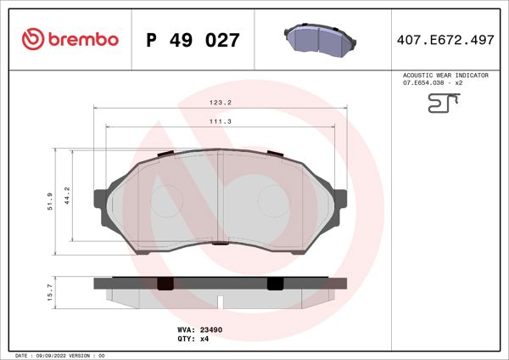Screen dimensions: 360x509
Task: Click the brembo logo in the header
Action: pyautogui.click(x=70, y=39)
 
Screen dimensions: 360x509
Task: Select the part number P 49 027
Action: pyautogui.click(x=193, y=40)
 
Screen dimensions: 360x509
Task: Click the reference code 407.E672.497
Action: pyautogui.click(x=446, y=40)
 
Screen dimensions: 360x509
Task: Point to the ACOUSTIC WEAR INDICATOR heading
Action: pyautogui.click(x=445, y=76)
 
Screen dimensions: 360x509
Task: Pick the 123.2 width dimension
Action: pyautogui.click(x=221, y=102)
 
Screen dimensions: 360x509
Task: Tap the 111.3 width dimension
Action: pyautogui.click(x=221, y=121)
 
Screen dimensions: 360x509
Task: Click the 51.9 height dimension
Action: pyautogui.click(x=51, y=200)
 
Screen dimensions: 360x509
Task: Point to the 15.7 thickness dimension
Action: pyautogui.click(x=51, y=291)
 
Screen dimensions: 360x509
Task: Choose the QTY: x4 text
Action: pyautogui.click(x=193, y=338)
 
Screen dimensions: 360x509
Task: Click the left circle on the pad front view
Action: pyautogui.click(x=166, y=202)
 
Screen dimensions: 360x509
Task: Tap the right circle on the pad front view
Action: pyautogui.click(x=273, y=202)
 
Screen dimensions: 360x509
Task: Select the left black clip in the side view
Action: pyautogui.click(x=166, y=283)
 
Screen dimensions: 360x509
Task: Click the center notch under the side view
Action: pyautogui.click(x=220, y=301)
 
